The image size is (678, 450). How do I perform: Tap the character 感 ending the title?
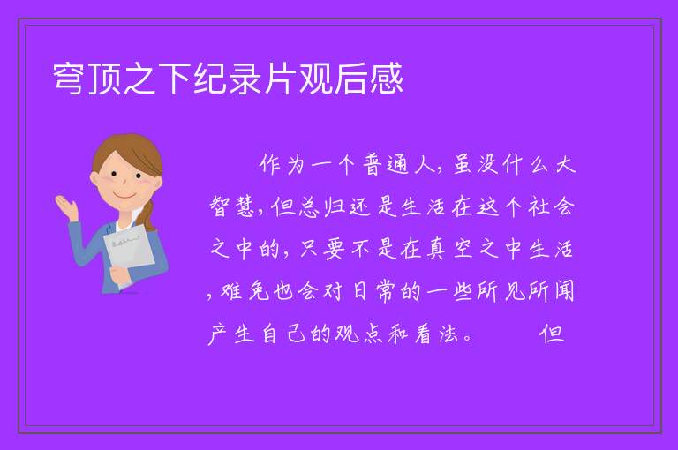[x=386, y=79]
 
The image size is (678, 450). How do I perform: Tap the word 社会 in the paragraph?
[x=551, y=206]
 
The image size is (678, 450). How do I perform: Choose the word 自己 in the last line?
[x=284, y=334]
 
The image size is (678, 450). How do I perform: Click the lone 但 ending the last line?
[x=551, y=334]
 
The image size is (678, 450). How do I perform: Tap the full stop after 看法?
[x=467, y=338]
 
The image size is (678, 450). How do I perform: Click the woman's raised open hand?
[x=66, y=206]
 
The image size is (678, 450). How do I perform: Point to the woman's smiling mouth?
[x=125, y=196]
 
